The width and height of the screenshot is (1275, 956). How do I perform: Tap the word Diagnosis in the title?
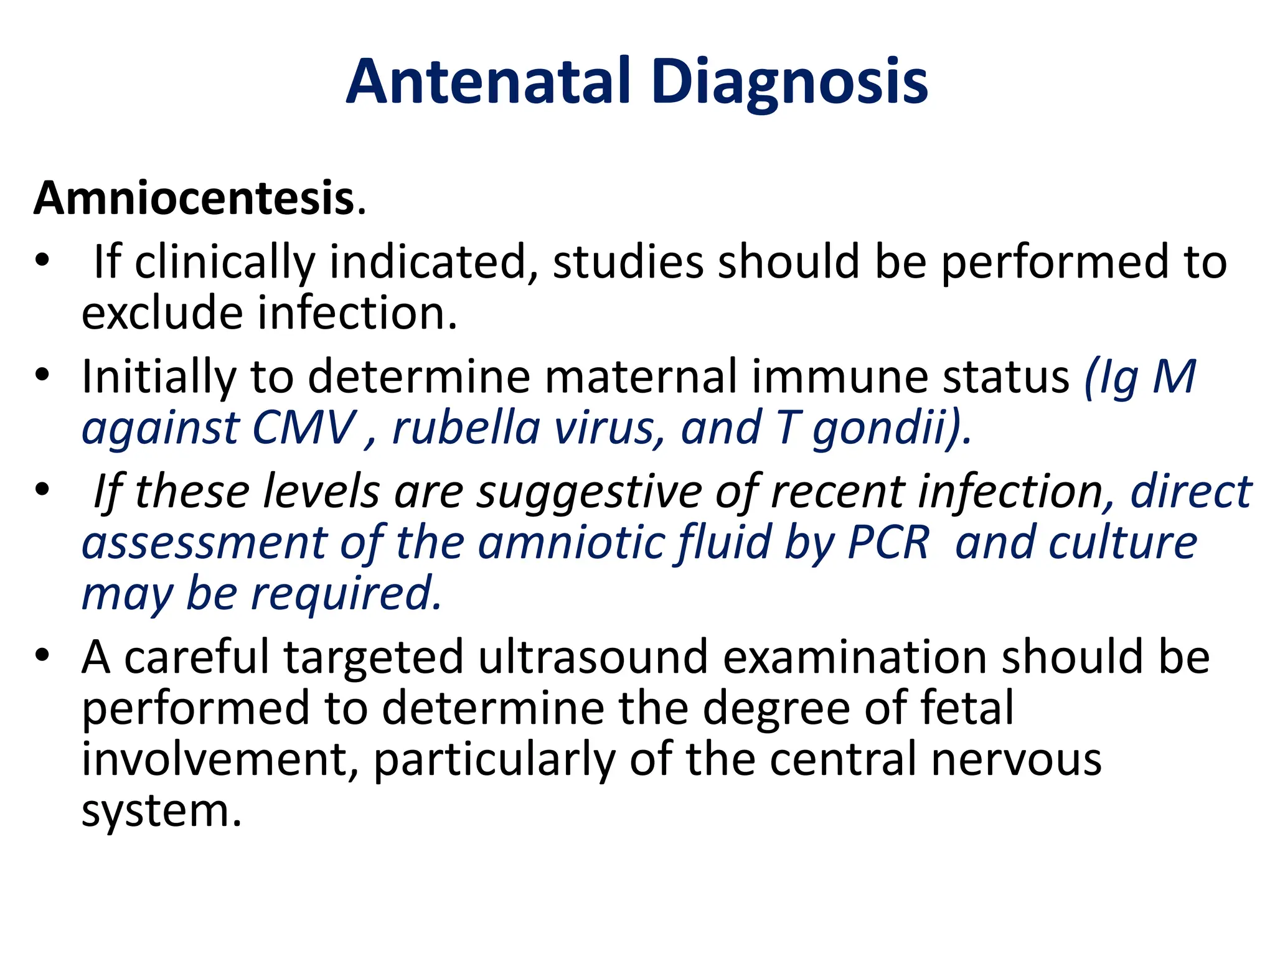coord(790,83)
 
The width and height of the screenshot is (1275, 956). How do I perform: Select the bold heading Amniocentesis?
coord(194,199)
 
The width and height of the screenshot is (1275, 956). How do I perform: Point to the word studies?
coord(628,262)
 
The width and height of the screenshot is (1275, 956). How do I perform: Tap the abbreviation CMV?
coord(303,428)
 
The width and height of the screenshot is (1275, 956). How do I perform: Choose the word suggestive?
coord(589,492)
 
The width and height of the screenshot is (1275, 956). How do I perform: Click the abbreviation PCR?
coord(888,543)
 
